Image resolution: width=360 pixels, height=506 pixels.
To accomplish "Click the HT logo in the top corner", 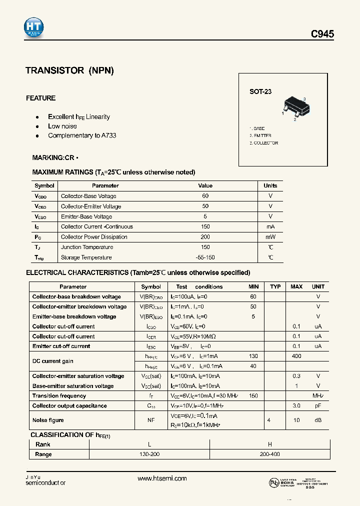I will click(34, 28).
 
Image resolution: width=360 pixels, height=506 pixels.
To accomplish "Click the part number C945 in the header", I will click(322, 34).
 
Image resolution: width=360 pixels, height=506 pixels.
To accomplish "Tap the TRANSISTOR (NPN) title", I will click(70, 70).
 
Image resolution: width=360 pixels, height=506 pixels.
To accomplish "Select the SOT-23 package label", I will click(260, 92).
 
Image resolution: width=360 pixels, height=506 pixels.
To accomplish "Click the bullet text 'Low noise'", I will click(62, 126).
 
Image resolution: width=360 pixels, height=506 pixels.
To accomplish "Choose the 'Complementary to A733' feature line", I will click(82, 135).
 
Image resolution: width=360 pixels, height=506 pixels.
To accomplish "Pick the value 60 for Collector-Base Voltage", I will click(205, 196).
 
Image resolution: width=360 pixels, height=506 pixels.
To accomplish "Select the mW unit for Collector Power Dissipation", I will click(270, 237).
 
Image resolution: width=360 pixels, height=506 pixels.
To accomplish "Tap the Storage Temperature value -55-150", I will click(205, 257).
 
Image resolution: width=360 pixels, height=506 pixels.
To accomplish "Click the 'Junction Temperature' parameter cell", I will click(87, 247).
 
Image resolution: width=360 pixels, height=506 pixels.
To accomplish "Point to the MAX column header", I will click(296, 286).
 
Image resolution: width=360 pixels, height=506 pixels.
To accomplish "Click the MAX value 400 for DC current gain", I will click(296, 355).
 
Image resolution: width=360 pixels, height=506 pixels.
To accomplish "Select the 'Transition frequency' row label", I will click(59, 395).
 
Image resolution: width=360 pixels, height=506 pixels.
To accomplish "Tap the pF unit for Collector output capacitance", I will click(318, 405).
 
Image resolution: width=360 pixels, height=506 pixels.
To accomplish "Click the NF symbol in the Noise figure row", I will click(150, 420).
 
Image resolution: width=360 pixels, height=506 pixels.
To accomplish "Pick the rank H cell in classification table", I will click(270, 444).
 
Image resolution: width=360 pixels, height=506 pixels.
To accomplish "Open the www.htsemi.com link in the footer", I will click(161, 478).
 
